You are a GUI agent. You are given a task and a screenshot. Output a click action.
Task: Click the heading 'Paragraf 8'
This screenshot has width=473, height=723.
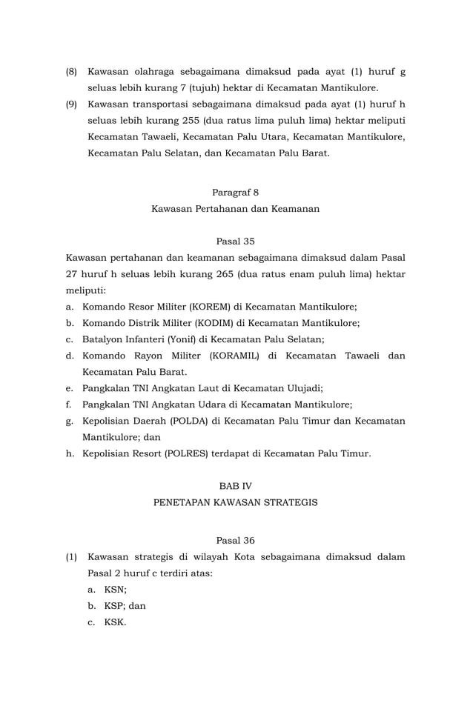click(x=235, y=193)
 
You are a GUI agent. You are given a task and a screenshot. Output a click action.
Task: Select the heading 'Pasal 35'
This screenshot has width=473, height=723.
click(x=235, y=241)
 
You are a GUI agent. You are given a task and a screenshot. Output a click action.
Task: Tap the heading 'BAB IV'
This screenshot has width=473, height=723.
click(x=235, y=486)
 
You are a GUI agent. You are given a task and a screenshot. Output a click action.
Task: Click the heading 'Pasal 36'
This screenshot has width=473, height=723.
click(x=235, y=541)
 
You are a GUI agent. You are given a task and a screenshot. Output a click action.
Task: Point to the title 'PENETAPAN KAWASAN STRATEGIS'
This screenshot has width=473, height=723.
click(x=235, y=502)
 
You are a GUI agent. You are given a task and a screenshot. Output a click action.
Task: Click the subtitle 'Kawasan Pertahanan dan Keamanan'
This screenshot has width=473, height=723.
click(x=235, y=209)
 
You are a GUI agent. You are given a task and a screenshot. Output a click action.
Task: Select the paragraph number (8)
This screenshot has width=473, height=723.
click(x=72, y=73)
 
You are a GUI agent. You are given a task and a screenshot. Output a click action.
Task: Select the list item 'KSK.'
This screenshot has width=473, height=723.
click(x=116, y=622)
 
